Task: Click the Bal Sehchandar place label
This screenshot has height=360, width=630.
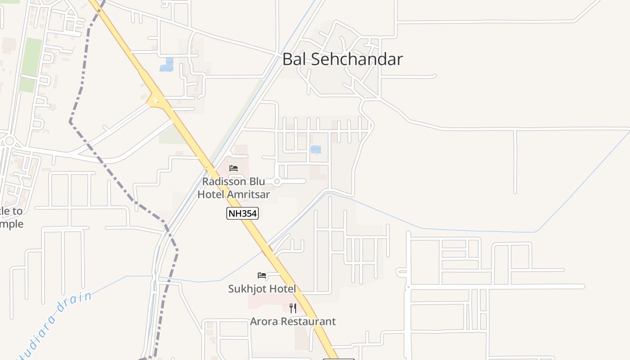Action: coord(342,59)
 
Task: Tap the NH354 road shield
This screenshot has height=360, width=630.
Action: coord(242,213)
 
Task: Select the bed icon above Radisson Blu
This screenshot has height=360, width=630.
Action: coord(234,168)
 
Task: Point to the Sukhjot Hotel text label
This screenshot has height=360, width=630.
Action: coord(262,289)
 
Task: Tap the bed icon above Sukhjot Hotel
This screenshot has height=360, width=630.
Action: coord(262,275)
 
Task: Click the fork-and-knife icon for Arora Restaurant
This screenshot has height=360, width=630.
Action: coord(293,308)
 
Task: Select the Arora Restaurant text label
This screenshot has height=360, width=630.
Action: coord(293,322)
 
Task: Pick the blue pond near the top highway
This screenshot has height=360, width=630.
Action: coord(166,65)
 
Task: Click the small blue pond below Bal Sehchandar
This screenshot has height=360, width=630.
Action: coord(316,149)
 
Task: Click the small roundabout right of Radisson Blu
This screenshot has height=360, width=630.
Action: coord(277,181)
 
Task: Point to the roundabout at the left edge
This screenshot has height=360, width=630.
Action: coord(9,141)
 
